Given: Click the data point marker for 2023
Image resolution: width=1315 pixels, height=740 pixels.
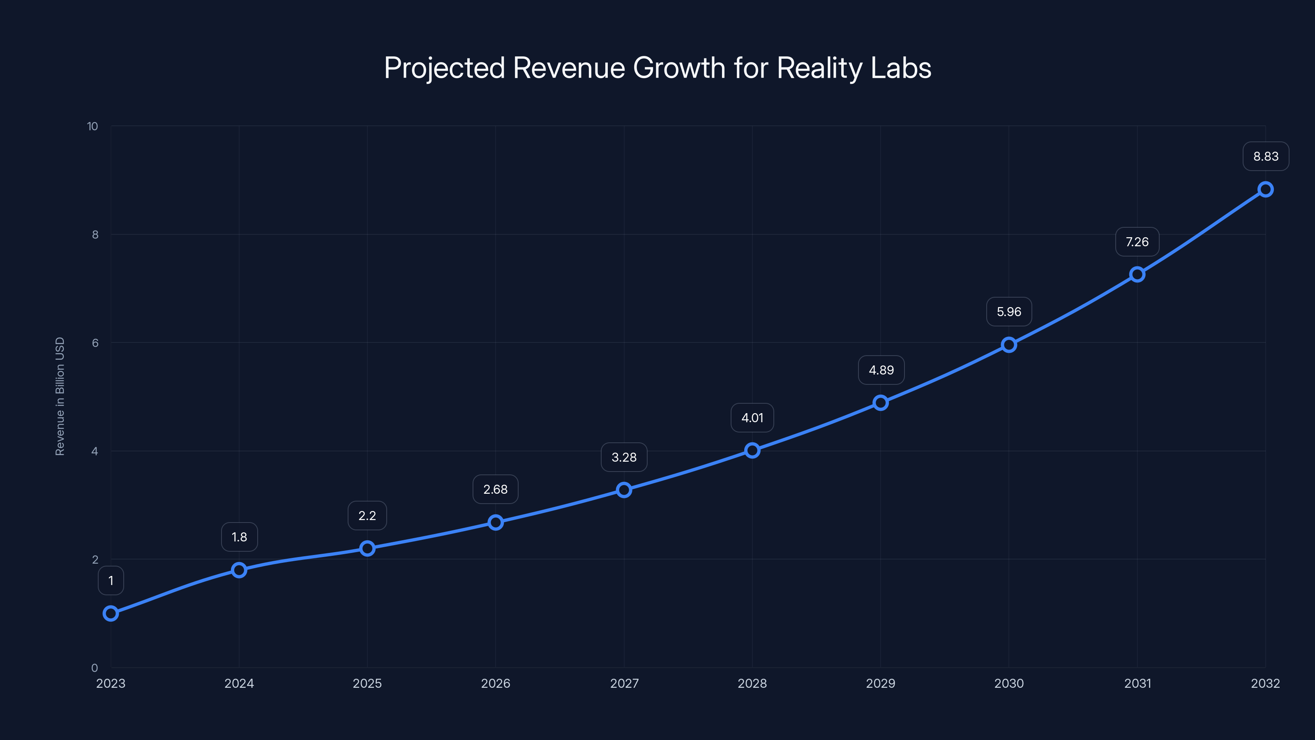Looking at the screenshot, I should click(111, 613).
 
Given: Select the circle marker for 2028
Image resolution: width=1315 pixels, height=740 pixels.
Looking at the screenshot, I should click(752, 451).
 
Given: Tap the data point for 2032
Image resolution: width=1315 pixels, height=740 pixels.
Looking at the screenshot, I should click(1266, 190).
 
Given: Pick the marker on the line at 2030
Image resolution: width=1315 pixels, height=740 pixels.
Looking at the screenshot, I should click(1009, 345).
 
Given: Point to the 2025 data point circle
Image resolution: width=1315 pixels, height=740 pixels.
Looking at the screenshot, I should click(367, 548).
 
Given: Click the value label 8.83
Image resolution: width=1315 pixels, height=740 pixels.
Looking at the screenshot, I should click(1266, 156).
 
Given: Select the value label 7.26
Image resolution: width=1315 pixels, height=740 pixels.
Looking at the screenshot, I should click(1137, 242).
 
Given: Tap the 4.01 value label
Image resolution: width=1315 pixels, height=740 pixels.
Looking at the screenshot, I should click(752, 418).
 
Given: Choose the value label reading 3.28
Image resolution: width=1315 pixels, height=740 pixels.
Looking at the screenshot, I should click(624, 457).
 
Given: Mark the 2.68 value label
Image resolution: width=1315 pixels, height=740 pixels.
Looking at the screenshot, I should click(495, 489).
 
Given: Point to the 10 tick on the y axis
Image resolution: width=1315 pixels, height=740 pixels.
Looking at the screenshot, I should click(92, 126).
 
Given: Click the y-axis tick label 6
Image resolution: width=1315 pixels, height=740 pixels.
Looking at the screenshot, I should click(95, 343).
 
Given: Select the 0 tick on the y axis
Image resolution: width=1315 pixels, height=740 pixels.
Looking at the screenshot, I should click(95, 668).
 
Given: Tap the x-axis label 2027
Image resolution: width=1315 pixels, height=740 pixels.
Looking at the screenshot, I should click(624, 683).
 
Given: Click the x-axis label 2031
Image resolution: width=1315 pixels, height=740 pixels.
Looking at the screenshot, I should click(1137, 683).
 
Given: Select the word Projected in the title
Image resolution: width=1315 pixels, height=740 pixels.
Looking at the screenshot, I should click(444, 68).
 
